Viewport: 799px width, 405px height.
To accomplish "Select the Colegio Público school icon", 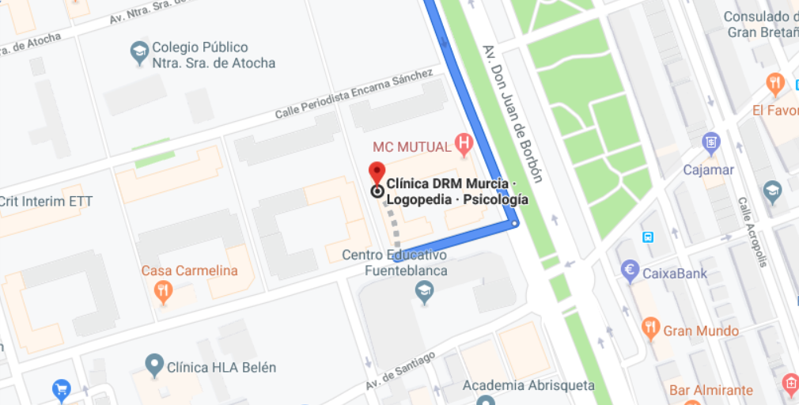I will tap(139, 54).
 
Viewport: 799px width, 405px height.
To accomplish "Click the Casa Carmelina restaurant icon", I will tap(164, 292).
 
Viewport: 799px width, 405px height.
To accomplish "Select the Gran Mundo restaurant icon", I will tap(650, 326).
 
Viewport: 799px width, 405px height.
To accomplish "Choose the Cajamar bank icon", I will tap(710, 143).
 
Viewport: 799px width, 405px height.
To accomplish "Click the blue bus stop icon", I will tap(648, 237).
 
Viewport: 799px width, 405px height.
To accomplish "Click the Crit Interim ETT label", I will tap(46, 202).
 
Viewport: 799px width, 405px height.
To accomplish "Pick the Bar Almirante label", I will tap(710, 390).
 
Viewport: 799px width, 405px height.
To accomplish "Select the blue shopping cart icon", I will tap(61, 389).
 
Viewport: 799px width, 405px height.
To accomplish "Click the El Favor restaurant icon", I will tap(775, 82).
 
